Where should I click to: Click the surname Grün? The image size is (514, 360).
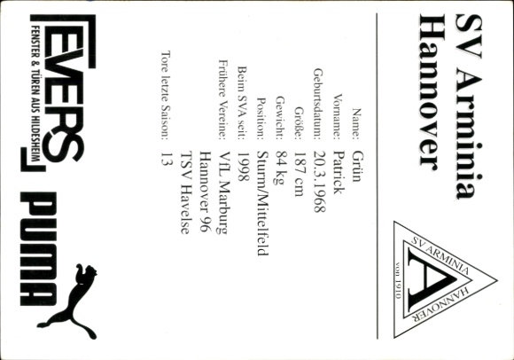pos(357,166)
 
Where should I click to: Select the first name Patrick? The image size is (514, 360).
pos(339,172)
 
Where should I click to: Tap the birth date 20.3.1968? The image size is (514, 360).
pos(320,181)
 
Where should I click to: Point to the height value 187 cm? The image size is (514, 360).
pos(300,174)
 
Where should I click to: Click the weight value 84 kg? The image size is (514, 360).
pos(281,168)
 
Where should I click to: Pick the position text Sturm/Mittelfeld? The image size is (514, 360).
pos(262,203)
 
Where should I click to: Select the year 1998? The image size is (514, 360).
pos(243,167)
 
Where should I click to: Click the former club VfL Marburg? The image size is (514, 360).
pos(224,192)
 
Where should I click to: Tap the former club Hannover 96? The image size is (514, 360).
pos(206,192)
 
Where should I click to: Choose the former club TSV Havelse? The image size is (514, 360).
pos(185,192)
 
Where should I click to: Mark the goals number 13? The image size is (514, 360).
pos(167,158)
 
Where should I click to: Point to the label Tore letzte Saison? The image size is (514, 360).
pos(166,96)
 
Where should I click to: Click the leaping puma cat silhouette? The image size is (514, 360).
pos(69,301)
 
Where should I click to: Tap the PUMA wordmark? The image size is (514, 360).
pos(39,249)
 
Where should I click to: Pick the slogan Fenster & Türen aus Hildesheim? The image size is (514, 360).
pos(35,93)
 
